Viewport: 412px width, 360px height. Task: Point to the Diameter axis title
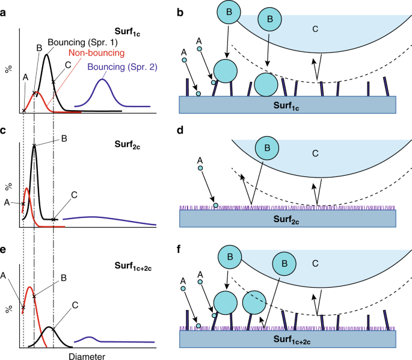click(86, 356)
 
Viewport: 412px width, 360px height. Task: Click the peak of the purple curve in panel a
click(103, 79)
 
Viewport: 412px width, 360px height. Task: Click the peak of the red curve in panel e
click(29, 287)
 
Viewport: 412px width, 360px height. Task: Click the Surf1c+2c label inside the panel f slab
click(287, 340)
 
